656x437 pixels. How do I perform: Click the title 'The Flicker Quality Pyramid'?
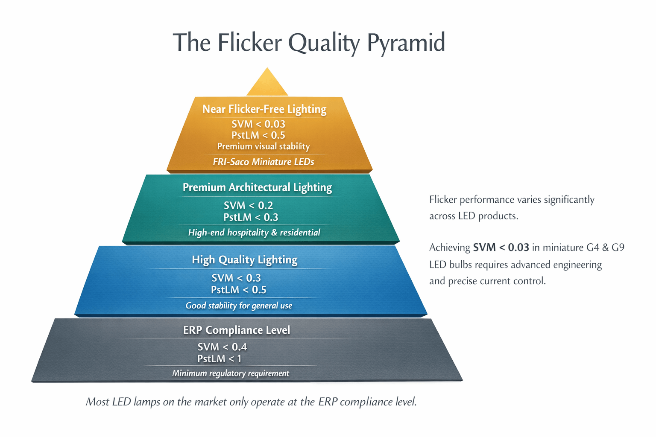309,43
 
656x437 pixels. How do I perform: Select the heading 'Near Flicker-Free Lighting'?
264,109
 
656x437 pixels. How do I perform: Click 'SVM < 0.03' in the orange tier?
258,124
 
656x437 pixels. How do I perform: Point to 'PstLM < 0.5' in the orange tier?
258,135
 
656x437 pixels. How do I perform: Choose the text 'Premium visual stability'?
264,146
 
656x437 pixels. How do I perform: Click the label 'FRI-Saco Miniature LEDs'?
264,162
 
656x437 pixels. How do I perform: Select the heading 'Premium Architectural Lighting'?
257,187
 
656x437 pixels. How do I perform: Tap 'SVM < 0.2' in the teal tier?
249,205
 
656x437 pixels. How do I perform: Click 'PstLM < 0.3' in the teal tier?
251,217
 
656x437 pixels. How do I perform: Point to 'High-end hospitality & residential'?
254,233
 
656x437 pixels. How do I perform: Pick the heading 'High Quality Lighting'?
244,259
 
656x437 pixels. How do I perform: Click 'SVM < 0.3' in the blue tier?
236,278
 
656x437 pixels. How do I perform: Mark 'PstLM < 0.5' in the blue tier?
238,290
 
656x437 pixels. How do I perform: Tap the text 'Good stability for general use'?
239,306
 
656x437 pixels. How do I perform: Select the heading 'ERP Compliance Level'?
237,330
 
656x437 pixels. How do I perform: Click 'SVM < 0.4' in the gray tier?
222,347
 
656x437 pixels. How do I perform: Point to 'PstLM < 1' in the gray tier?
220,359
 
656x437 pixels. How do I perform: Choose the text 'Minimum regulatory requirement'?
231,373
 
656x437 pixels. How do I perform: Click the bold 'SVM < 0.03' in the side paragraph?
501,248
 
